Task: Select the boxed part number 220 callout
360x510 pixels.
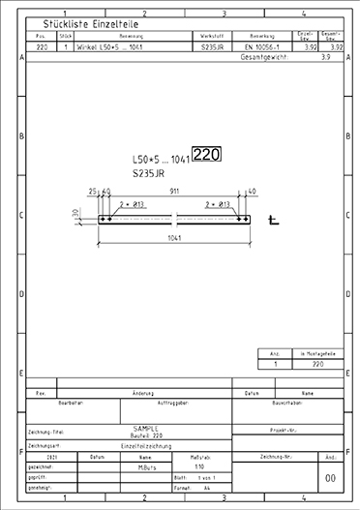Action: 206,154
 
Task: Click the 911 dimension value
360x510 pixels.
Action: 174,193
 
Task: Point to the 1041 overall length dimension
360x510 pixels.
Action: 175,237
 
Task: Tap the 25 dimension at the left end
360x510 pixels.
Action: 92,193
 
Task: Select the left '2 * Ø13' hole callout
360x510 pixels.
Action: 134,205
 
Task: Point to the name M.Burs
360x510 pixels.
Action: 146,465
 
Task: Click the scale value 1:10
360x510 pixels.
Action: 199,465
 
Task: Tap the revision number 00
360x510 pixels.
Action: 330,478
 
